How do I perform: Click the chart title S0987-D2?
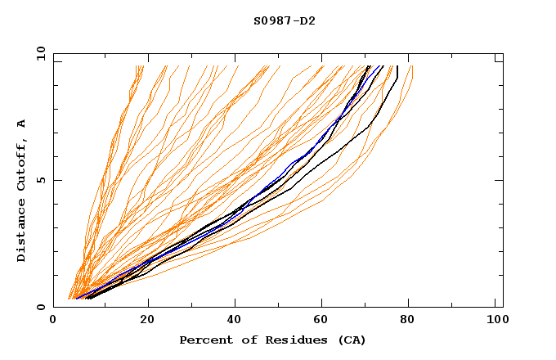tap(285, 20)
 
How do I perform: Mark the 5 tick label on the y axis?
tap(39, 180)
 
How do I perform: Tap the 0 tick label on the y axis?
tap(39, 307)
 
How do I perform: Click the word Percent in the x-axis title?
tap(203, 340)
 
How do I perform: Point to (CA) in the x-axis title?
tap(352, 340)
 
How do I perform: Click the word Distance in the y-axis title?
tap(22, 230)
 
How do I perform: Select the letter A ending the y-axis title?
tap(22, 123)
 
